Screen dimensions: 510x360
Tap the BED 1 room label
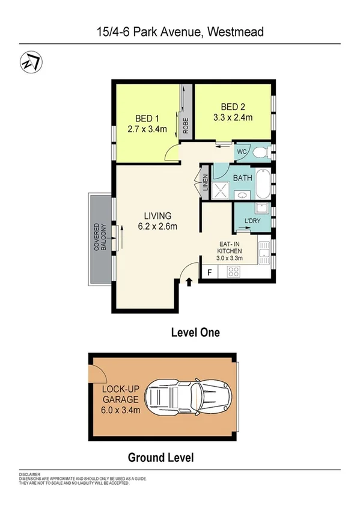pos(144,118)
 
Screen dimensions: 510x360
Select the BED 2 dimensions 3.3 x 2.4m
pos(233,118)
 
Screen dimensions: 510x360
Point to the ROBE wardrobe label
pos(186,124)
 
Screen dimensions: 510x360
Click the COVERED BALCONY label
pos(99,238)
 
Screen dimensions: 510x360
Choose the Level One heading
pos(195,332)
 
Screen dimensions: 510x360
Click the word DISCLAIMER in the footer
pos(28,473)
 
